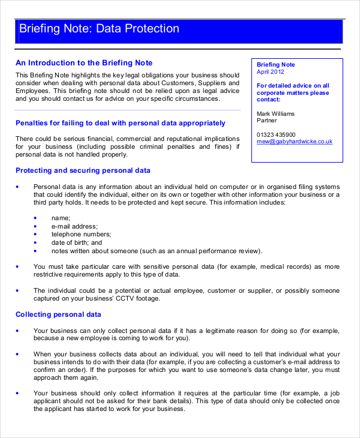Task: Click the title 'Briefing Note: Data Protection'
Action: pyautogui.click(x=99, y=29)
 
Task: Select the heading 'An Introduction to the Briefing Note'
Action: pyautogui.click(x=84, y=63)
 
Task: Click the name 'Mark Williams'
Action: pyautogui.click(x=275, y=113)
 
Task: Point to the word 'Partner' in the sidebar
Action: pyautogui.click(x=268, y=121)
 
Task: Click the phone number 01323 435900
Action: pyautogui.click(x=276, y=134)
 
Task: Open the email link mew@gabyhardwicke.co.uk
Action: pyautogui.click(x=294, y=142)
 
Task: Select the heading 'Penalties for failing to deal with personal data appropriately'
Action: pyautogui.click(x=120, y=123)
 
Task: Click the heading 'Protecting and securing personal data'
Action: pyautogui.click(x=83, y=170)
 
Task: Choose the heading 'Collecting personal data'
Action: pyautogui.click(x=58, y=314)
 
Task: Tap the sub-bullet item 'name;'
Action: pyautogui.click(x=61, y=217)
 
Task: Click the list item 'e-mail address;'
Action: pyautogui.click(x=74, y=226)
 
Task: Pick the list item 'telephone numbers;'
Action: pyautogui.click(x=81, y=234)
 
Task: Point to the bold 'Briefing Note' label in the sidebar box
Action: pyautogui.click(x=276, y=65)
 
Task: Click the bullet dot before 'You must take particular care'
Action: pyautogui.click(x=17, y=266)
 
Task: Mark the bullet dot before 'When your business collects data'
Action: pyautogui.click(x=17, y=354)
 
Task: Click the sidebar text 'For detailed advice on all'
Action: pyautogui.click(x=293, y=86)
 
